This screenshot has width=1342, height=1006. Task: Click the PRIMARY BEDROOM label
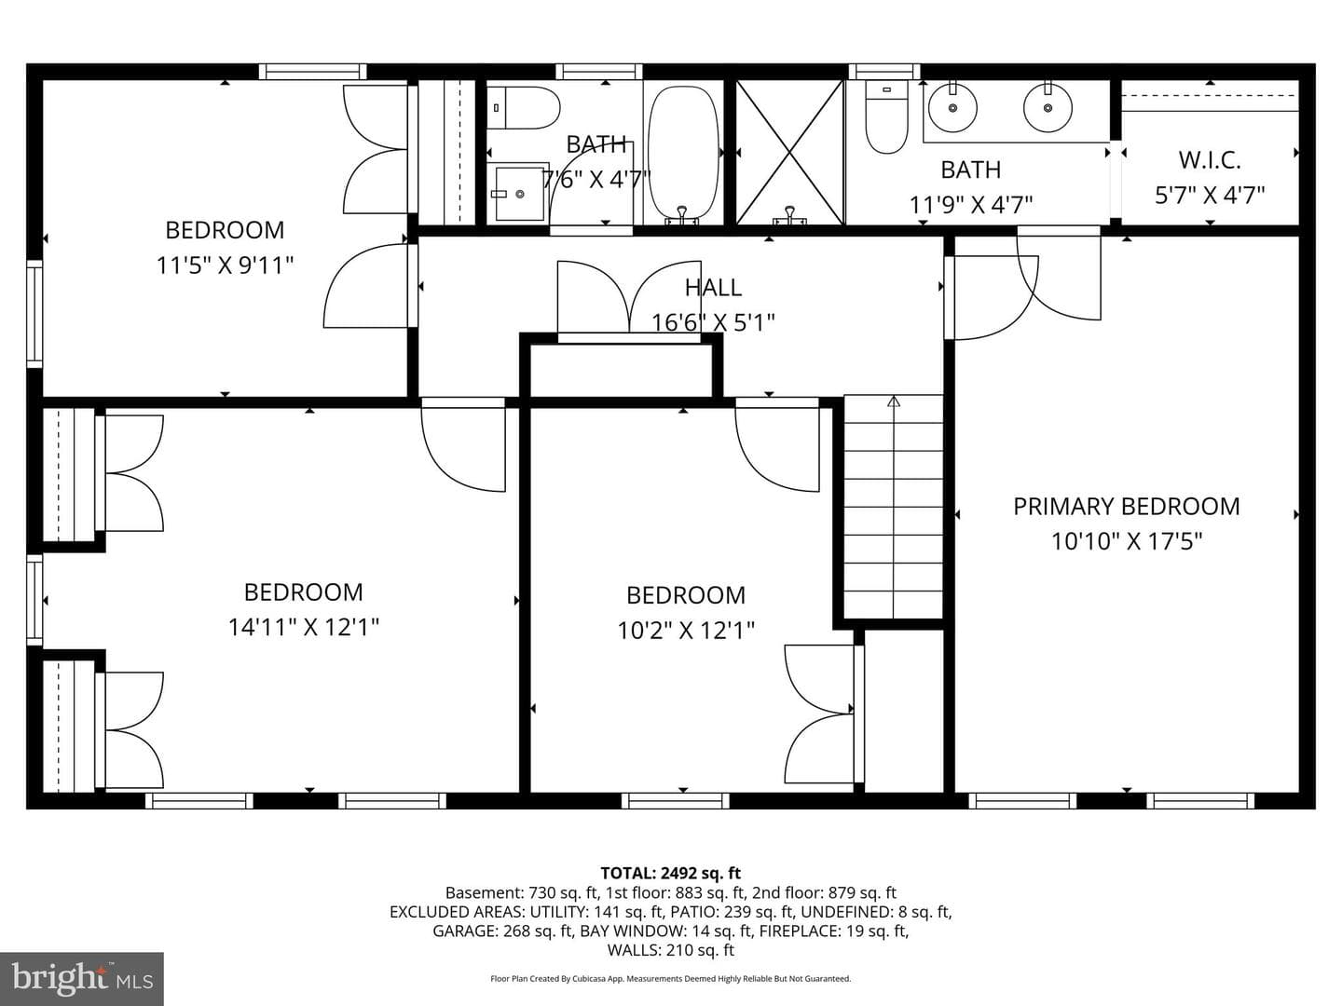1126,507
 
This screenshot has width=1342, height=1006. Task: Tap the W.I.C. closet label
1210,160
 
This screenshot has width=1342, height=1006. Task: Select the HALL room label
713,288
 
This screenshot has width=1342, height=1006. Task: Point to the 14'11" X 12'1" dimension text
304,627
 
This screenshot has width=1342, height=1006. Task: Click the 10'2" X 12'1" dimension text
686,631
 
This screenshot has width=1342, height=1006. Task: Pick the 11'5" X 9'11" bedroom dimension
225,265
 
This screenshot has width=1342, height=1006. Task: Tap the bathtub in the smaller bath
683,154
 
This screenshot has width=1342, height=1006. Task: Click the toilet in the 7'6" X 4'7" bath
524,107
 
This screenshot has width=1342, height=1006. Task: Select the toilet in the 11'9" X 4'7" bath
887,116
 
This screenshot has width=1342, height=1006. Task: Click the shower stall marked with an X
790,153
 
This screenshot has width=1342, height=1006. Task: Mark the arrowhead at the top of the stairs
894,401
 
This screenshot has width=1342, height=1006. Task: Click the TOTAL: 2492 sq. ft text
671,873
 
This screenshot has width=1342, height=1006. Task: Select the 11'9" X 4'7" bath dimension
971,205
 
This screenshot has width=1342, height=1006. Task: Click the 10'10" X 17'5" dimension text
1127,541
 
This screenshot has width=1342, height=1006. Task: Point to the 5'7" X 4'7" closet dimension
1210,196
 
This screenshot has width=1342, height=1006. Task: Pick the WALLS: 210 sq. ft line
671,950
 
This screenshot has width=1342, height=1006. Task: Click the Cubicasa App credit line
671,979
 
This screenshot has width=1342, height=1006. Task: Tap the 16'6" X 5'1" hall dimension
713,322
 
